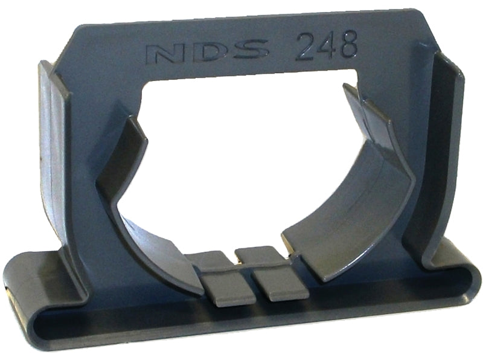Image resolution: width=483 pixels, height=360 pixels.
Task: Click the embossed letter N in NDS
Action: pos(165,53)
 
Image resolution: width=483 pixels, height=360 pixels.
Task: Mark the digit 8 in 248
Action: pos(348,45)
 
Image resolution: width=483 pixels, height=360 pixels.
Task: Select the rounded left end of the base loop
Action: pos(18,284)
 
